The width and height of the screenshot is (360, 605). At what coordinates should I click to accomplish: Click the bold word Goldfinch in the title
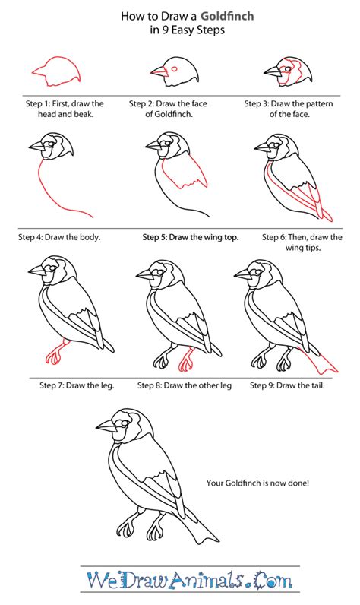point(227,16)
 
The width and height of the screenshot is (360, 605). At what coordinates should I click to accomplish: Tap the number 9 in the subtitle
point(165,30)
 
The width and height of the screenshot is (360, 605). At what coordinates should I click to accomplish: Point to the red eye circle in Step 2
point(174,69)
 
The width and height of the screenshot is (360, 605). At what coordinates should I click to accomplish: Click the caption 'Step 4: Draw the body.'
point(59,237)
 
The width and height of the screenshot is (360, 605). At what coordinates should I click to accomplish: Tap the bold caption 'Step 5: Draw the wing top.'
point(191,237)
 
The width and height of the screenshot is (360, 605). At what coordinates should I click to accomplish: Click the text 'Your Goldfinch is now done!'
point(257,483)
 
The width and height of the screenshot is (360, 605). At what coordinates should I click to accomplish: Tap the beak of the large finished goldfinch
point(106,426)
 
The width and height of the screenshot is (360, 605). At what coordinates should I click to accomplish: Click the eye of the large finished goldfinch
point(124,423)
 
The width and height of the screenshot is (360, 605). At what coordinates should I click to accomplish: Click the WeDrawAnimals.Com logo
point(189,580)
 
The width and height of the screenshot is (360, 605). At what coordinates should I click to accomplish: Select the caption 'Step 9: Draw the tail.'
point(287,385)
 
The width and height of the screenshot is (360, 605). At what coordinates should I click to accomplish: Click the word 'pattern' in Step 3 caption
point(318,103)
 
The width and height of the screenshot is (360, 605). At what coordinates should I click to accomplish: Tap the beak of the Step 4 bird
point(37,145)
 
